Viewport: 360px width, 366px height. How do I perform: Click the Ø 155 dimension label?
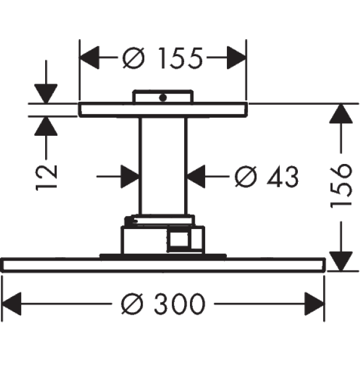pyautogui.click(x=162, y=58)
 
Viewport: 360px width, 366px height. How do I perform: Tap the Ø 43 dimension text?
pyautogui.click(x=267, y=177)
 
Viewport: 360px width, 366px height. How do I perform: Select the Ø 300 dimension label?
pyautogui.click(x=163, y=304)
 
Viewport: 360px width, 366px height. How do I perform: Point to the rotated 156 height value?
pyautogui.click(x=341, y=185)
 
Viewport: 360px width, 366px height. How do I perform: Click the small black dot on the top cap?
pyautogui.click(x=162, y=98)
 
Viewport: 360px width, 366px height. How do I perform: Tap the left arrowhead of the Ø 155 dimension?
pyautogui.click(x=89, y=57)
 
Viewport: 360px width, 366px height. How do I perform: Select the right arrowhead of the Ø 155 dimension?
pyautogui.click(x=236, y=57)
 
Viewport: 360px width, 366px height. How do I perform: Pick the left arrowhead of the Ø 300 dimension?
pyautogui.click(x=11, y=304)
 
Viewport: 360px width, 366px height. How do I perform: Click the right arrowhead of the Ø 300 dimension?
pyautogui.click(x=315, y=304)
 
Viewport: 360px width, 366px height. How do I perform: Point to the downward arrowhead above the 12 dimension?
pyautogui.click(x=46, y=93)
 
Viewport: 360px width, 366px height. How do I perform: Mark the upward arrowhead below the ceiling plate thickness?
pyautogui.click(x=46, y=126)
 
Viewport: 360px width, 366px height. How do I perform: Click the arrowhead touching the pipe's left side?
pyautogui.click(x=130, y=177)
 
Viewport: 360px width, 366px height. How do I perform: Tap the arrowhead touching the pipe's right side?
pyautogui.click(x=196, y=177)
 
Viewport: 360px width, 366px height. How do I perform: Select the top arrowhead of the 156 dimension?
pyautogui.click(x=341, y=113)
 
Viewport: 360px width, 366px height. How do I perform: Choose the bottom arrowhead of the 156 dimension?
pyautogui.click(x=341, y=261)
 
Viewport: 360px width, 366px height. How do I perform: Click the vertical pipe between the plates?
pyautogui.click(x=163, y=165)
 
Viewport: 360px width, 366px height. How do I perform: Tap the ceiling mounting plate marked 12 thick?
pyautogui.click(x=162, y=110)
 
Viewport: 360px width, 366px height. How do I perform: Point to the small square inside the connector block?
pyautogui.click(x=179, y=240)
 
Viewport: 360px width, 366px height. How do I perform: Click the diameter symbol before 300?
pyautogui.click(x=132, y=304)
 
